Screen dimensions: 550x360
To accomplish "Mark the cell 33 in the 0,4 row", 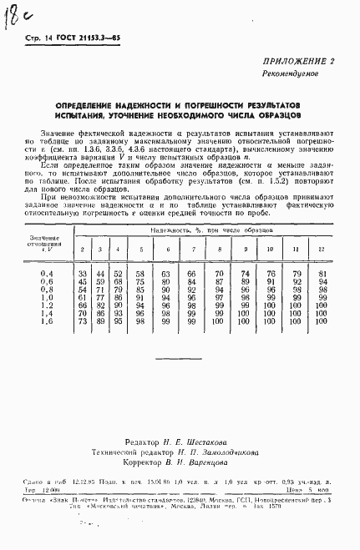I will (82, 274).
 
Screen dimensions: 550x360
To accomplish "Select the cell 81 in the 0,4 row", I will (320, 274).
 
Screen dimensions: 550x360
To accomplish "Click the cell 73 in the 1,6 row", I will (82, 320).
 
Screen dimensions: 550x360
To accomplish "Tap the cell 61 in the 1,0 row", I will (82, 296).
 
